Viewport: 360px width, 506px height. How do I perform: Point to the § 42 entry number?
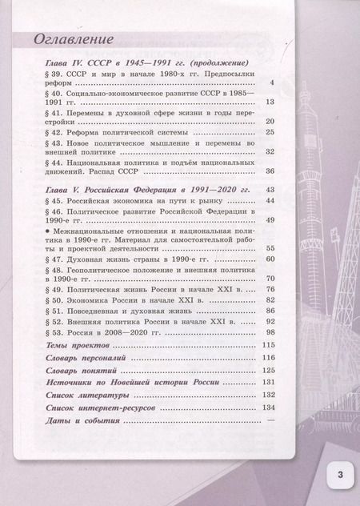[x=55, y=132]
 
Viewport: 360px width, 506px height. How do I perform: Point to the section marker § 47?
[x=55, y=259]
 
